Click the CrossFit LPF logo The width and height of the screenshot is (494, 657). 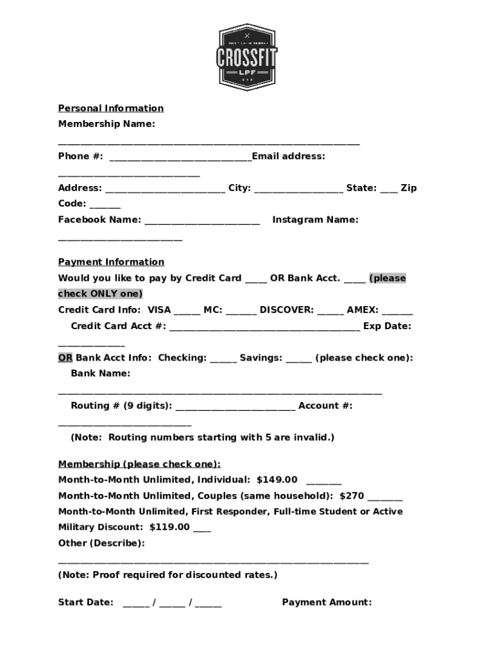point(247,57)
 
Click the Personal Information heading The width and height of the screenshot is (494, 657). point(111,108)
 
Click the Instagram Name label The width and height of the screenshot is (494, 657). point(315,219)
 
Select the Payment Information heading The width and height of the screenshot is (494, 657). point(111,262)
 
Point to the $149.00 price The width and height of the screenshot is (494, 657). point(277,479)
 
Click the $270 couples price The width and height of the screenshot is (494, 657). point(352,495)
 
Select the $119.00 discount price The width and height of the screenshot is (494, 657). point(169,527)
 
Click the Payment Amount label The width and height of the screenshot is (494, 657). point(327,602)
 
